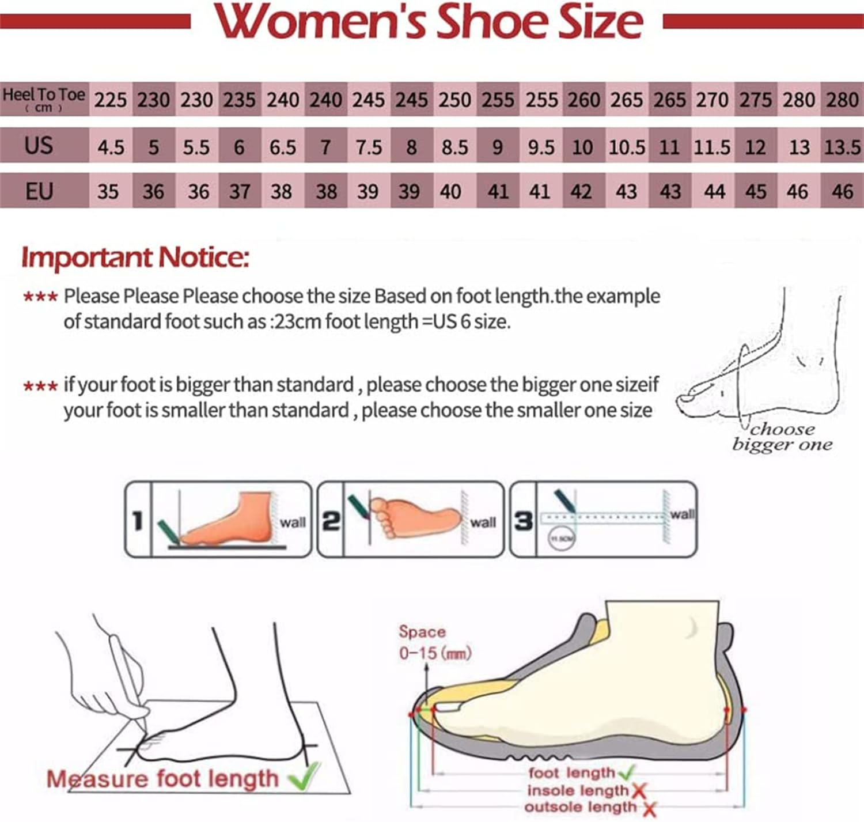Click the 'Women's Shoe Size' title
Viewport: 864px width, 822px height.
(429, 22)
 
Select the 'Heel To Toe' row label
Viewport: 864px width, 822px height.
(44, 99)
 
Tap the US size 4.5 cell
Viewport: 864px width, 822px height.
(111, 147)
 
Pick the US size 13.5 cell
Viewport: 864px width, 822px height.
(842, 147)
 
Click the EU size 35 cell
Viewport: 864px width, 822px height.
(108, 191)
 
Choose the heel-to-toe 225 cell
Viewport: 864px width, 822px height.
(111, 100)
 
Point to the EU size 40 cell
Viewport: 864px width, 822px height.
(450, 191)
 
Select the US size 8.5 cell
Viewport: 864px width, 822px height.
(454, 147)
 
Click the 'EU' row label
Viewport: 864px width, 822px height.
(39, 191)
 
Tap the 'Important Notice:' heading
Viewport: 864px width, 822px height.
(135, 257)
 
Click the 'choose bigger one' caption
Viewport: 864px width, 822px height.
(782, 437)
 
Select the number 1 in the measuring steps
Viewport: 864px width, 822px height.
(138, 520)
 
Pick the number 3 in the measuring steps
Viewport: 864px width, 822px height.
(523, 520)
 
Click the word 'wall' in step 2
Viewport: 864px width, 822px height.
(483, 522)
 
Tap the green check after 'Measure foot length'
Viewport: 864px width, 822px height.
(304, 776)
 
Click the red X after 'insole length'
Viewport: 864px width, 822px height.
(638, 791)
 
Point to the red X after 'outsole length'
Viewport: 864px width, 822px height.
(649, 809)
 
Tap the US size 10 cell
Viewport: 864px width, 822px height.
(582, 147)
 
